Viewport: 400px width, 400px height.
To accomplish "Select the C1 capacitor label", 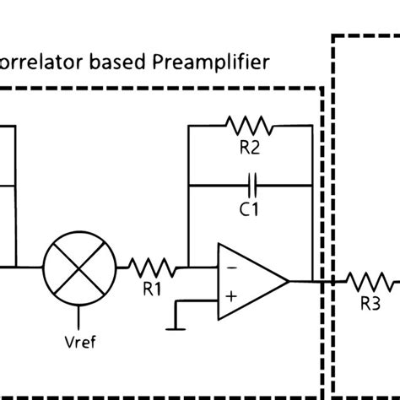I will (x=248, y=208).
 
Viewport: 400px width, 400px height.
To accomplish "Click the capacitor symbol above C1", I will (x=250, y=181).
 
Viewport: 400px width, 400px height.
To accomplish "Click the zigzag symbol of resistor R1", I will (x=152, y=268).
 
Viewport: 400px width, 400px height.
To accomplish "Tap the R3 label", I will (x=370, y=305).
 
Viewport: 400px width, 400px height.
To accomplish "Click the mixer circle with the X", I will (x=79, y=268).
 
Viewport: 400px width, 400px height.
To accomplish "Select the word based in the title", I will (x=127, y=61).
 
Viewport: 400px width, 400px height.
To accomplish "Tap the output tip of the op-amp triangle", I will (x=289, y=280).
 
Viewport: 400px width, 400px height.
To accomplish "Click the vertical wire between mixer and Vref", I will (x=79, y=316).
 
